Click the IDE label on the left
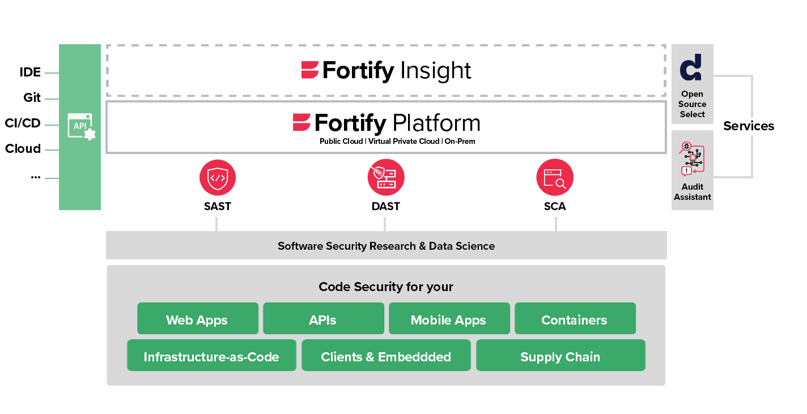30,72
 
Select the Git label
32,98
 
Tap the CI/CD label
23,123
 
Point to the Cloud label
23,149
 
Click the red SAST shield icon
218,177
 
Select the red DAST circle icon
385,177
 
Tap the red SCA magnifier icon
554,177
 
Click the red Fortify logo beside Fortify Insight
310,70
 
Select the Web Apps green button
197,319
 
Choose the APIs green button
323,319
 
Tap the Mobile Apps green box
449,319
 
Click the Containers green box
575,319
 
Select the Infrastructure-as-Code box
211,356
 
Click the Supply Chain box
560,356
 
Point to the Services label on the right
748,126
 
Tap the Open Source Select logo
691,67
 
